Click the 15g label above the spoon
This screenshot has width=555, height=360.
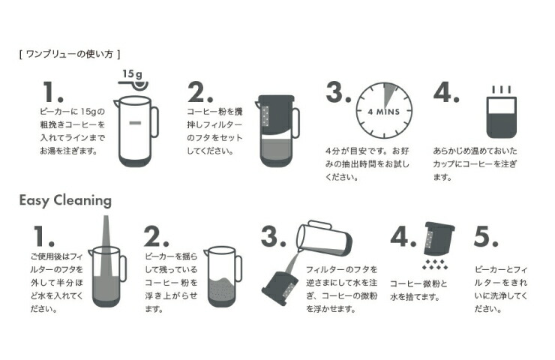133,73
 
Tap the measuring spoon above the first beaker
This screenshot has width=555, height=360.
133,84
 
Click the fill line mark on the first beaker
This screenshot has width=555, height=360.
135,123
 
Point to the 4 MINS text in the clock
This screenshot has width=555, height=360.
384,112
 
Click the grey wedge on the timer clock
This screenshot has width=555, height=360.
388,94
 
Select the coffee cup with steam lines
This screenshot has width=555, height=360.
501,112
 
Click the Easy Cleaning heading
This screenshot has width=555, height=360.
65,200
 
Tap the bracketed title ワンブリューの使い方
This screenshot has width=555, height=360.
70,54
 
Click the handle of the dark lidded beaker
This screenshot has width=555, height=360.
295,123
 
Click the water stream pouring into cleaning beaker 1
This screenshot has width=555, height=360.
106,247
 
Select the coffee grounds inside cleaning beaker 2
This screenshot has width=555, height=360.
222,289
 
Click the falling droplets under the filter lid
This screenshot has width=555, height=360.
435,264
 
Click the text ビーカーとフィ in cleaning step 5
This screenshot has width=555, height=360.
501,270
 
